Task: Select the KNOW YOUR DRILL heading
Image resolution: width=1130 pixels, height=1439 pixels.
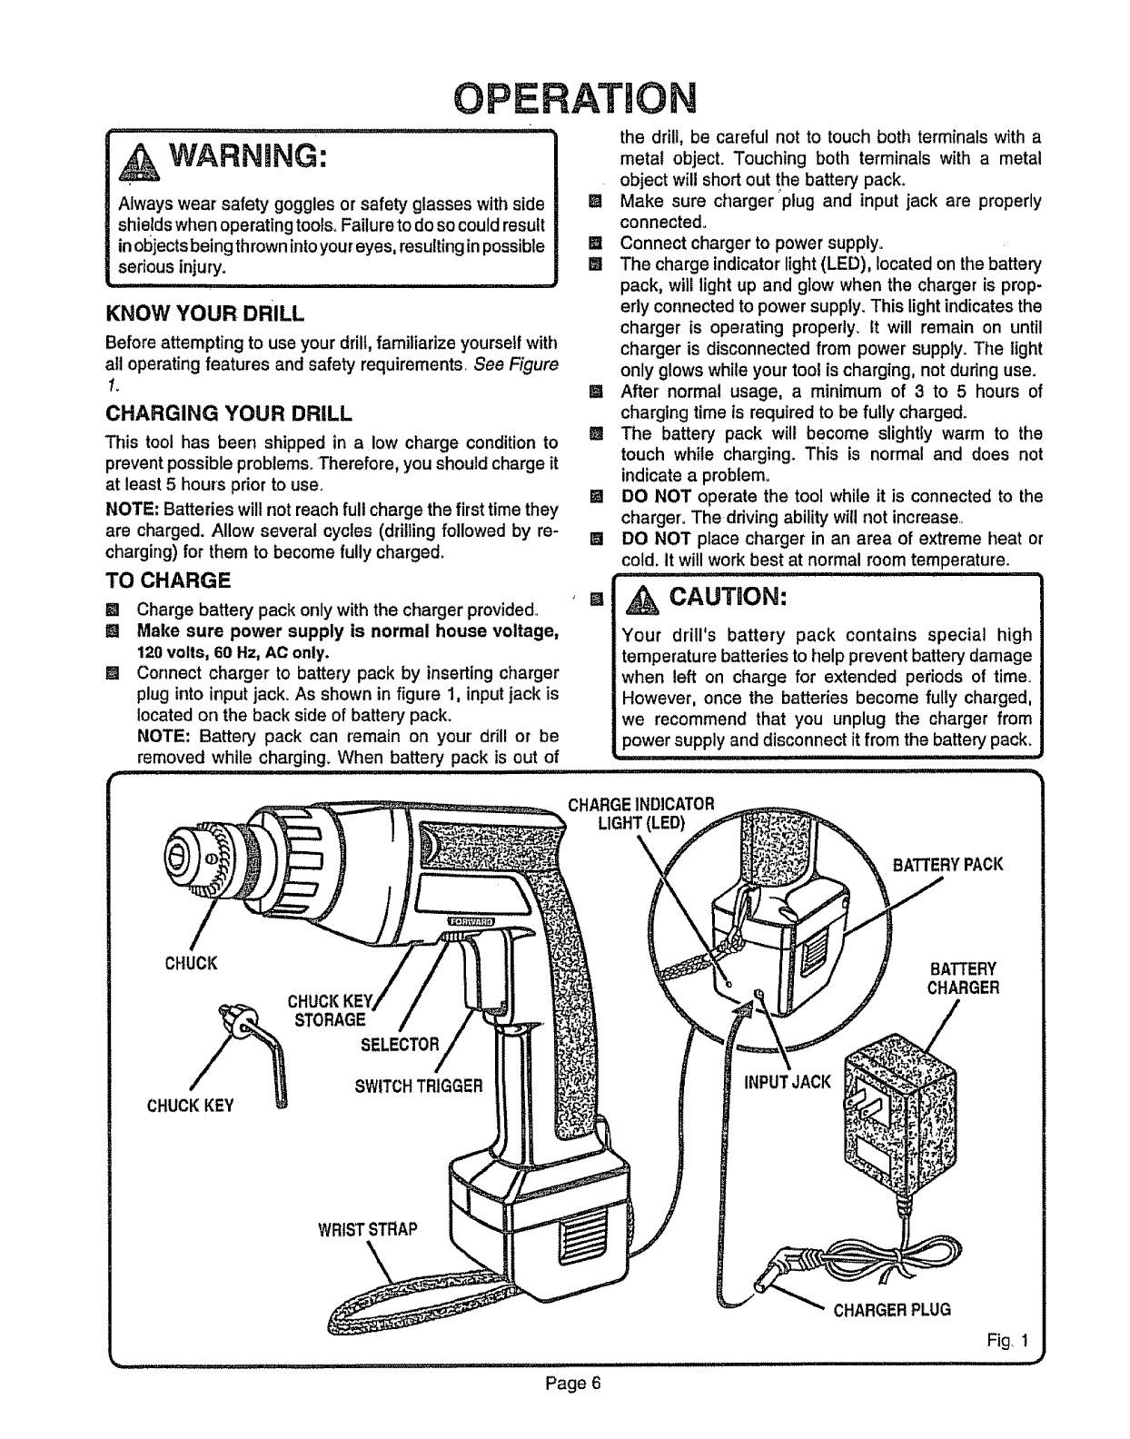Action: coord(204,314)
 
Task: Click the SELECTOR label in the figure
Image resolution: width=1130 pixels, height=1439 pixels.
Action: coord(400,1043)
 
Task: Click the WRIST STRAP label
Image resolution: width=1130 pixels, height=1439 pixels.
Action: coord(367,1230)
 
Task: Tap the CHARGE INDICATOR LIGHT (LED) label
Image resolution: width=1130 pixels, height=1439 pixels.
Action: coord(641,813)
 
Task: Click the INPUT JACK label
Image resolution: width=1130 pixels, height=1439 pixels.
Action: coord(787,1081)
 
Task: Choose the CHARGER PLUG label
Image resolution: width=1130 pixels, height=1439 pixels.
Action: coord(892,1309)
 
